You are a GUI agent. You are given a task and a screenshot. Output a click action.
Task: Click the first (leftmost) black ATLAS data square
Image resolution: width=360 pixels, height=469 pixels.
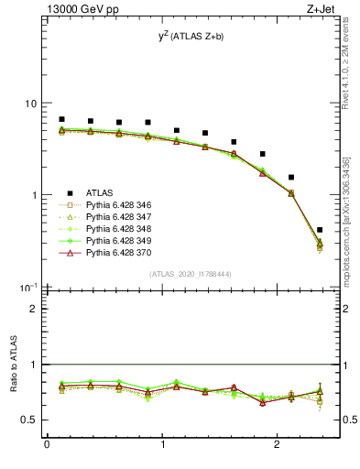pos(61,119)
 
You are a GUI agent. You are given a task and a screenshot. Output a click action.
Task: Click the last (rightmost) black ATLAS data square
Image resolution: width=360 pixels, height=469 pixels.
pos(319,230)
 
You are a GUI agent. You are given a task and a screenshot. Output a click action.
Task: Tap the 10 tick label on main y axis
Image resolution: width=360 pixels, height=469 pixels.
pos(32,104)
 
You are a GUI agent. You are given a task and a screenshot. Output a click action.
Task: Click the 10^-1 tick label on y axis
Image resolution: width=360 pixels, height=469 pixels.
pos(30,287)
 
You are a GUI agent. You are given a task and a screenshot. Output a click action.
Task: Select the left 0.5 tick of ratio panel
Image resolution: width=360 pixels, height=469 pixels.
pos(33,420)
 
